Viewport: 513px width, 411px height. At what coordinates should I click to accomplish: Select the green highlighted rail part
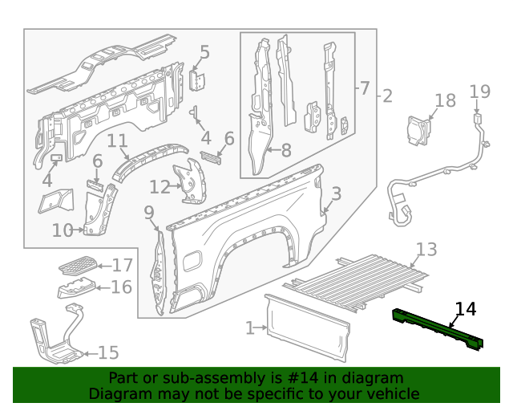click(x=437, y=329)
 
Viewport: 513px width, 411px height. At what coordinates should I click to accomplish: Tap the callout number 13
click(x=426, y=250)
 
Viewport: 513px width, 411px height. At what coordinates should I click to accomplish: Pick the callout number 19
click(x=479, y=92)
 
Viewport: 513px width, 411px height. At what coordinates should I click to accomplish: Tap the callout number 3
click(x=336, y=193)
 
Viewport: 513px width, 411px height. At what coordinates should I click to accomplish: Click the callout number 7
click(x=364, y=87)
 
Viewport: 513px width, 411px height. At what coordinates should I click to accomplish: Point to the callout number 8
click(x=284, y=149)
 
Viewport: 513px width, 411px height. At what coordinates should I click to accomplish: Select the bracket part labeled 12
click(x=191, y=181)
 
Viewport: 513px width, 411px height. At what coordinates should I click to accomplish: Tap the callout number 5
click(x=204, y=53)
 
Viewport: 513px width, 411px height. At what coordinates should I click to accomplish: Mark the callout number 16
click(x=121, y=287)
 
